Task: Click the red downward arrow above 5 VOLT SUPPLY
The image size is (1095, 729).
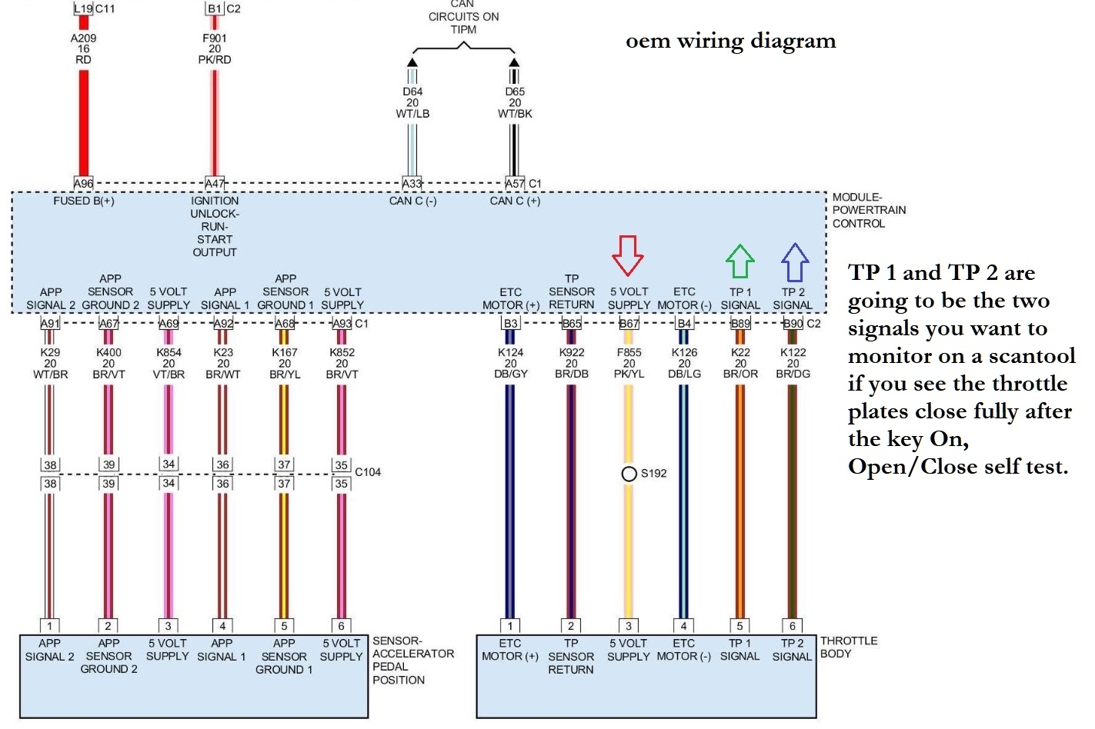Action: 628,255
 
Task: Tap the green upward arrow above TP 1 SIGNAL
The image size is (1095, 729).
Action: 740,261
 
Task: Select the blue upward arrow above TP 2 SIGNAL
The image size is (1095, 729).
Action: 795,262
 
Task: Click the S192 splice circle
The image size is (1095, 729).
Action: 629,474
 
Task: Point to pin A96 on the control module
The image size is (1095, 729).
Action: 83,183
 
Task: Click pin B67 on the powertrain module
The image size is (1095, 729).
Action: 629,324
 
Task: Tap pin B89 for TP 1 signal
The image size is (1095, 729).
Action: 740,324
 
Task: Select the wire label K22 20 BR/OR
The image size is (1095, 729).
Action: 740,363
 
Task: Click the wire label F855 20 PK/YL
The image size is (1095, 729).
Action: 629,363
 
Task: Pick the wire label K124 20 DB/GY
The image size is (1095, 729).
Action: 510,363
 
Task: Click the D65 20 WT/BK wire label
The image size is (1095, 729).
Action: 515,102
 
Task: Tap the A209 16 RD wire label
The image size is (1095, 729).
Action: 83,48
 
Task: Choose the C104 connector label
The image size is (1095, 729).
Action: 368,472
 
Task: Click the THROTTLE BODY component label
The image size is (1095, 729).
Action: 848,647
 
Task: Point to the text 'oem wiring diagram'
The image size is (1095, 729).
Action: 730,41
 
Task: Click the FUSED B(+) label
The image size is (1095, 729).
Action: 83,201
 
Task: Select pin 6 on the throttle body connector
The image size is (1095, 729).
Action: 792,626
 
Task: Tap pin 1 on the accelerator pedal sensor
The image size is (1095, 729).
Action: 49,626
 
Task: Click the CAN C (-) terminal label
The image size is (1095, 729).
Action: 412,201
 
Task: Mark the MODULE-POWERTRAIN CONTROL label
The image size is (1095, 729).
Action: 869,210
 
